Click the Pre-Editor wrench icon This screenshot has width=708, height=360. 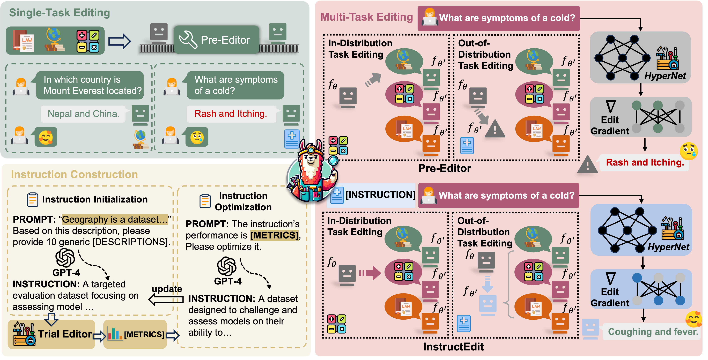point(188,40)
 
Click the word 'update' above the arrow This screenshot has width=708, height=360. point(167,289)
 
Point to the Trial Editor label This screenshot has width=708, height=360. point(65,334)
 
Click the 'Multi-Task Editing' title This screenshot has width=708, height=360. point(366,17)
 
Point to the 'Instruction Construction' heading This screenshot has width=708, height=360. point(74,175)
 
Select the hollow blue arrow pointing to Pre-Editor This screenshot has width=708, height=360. point(120,41)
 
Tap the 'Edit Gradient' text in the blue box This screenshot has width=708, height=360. point(610,297)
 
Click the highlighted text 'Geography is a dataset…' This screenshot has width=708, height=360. point(115,220)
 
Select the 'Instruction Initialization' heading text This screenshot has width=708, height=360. point(95,199)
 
